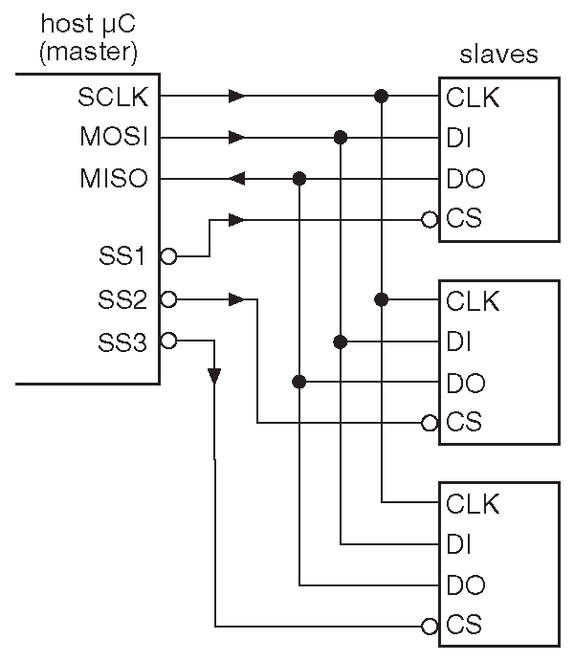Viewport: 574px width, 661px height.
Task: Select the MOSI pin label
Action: click(114, 138)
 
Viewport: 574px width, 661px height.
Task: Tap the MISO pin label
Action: click(114, 179)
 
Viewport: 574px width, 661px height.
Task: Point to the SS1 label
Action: click(122, 256)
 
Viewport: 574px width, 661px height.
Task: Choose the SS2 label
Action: click(122, 299)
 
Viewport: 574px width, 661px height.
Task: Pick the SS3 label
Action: click(122, 342)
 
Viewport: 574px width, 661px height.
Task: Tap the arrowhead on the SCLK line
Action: click(236, 97)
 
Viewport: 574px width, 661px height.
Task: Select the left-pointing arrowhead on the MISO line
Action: click(237, 179)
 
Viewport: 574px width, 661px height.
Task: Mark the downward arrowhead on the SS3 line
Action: click(214, 374)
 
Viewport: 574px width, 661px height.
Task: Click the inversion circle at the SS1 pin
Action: click(168, 256)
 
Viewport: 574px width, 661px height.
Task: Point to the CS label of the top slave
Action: click(463, 220)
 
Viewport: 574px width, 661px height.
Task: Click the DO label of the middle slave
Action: click(465, 383)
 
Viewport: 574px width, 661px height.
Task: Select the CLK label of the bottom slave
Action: click(473, 502)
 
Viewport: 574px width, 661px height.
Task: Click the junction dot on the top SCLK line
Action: click(381, 97)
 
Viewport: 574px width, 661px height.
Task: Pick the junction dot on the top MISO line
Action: click(299, 179)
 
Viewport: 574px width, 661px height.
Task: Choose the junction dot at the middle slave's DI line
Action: click(340, 342)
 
